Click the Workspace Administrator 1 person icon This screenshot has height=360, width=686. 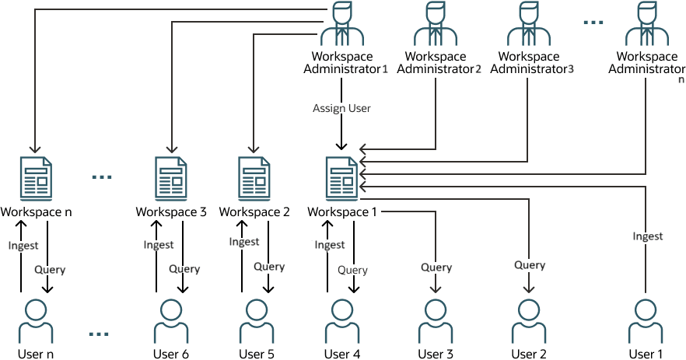pos(342,25)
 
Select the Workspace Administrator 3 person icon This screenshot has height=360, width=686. pos(529,25)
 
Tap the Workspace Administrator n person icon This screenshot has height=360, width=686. pos(646,25)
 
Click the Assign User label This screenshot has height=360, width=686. pos(341,109)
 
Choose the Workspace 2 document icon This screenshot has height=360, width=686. pos(254,177)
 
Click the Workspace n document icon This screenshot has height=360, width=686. pos(35,177)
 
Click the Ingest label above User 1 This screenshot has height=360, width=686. pos(647,236)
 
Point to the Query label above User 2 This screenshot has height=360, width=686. pos(530,265)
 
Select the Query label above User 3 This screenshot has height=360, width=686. pos(436,267)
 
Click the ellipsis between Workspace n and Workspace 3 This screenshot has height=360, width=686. pos(102,177)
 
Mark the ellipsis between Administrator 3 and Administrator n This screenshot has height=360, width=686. pos(593,23)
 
